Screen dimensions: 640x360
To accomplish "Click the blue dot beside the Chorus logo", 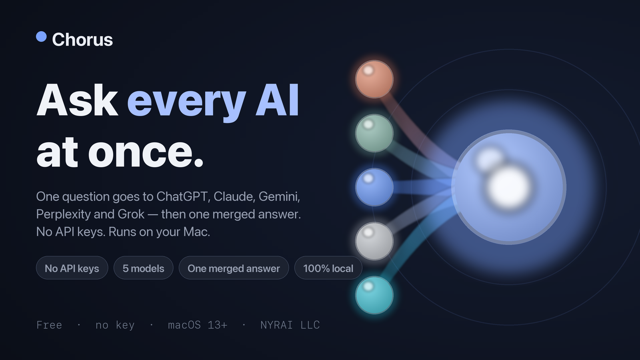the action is point(42,36).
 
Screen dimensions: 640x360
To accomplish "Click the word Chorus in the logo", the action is point(82,40).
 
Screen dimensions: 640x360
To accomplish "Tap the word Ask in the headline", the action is point(77,100).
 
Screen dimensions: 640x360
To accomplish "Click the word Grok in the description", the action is point(131,214).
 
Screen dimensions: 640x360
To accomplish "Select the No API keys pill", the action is point(72,268).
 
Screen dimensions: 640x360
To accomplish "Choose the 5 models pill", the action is point(144,268).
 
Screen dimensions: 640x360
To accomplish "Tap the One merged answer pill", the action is point(234,268).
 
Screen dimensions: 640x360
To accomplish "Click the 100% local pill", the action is point(328,268).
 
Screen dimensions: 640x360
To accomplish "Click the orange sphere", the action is point(374,79).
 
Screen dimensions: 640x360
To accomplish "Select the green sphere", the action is point(374,133).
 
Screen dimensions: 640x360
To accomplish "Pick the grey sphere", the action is point(374,241).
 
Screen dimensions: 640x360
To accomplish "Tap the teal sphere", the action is point(374,295).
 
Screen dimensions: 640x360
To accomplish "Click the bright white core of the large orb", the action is point(508,188).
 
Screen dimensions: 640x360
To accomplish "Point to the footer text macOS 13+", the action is point(198,325).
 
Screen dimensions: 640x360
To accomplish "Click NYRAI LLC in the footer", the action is point(290,325).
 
